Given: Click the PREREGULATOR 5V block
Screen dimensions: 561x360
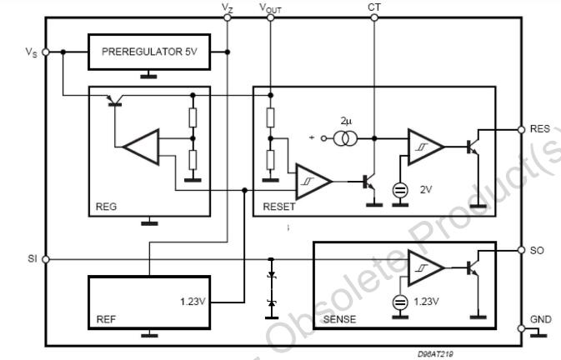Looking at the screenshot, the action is (x=149, y=52).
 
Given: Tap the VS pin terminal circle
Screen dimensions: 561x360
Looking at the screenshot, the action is (x=46, y=52).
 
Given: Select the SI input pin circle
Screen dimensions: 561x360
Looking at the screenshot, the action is (x=46, y=259).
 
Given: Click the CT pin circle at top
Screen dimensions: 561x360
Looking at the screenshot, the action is (x=374, y=17).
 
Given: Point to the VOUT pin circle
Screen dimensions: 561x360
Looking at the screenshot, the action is (x=270, y=17).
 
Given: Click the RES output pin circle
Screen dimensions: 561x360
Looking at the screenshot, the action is (x=521, y=130).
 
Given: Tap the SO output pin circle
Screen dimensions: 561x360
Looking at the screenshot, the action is (x=521, y=250).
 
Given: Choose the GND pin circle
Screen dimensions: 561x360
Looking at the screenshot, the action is (x=521, y=328).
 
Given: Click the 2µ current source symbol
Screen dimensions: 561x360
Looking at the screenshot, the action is (x=345, y=138).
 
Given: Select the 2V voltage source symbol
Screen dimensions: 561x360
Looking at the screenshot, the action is (x=400, y=190).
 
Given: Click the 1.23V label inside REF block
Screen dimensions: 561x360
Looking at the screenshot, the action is (x=193, y=302).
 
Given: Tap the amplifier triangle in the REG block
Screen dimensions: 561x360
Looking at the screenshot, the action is (x=142, y=147).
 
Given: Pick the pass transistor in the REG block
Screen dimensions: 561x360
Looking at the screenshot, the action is (x=115, y=101).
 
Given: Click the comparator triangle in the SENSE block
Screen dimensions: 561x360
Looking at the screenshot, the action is (x=426, y=267).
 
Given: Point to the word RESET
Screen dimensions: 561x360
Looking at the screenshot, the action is (x=279, y=207).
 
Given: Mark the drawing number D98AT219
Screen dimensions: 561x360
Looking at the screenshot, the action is (x=435, y=354).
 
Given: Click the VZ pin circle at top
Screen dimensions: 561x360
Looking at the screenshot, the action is (x=228, y=17).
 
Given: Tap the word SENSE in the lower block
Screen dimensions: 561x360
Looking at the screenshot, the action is (x=339, y=319).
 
